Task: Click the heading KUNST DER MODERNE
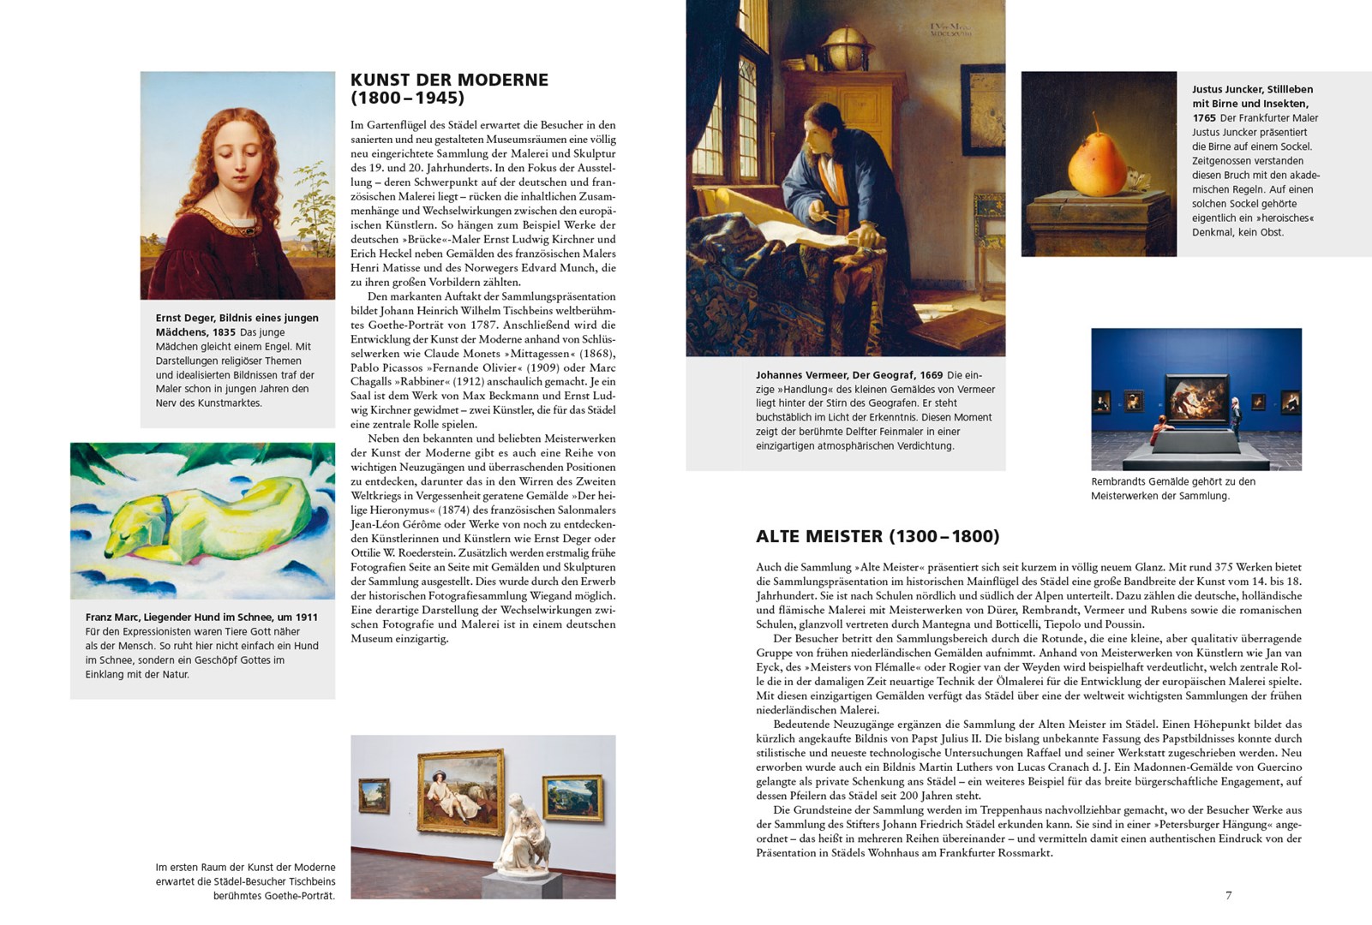pyautogui.click(x=449, y=80)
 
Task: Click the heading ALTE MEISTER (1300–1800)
pyautogui.click(x=878, y=537)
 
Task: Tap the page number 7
pyautogui.click(x=1228, y=895)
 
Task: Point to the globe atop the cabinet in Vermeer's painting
pyautogui.click(x=846, y=43)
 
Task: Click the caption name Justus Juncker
pyautogui.click(x=1227, y=89)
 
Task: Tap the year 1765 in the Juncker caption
pyautogui.click(x=1204, y=118)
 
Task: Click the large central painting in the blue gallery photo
pyautogui.click(x=1196, y=398)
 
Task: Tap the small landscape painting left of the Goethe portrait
pyautogui.click(x=374, y=796)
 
